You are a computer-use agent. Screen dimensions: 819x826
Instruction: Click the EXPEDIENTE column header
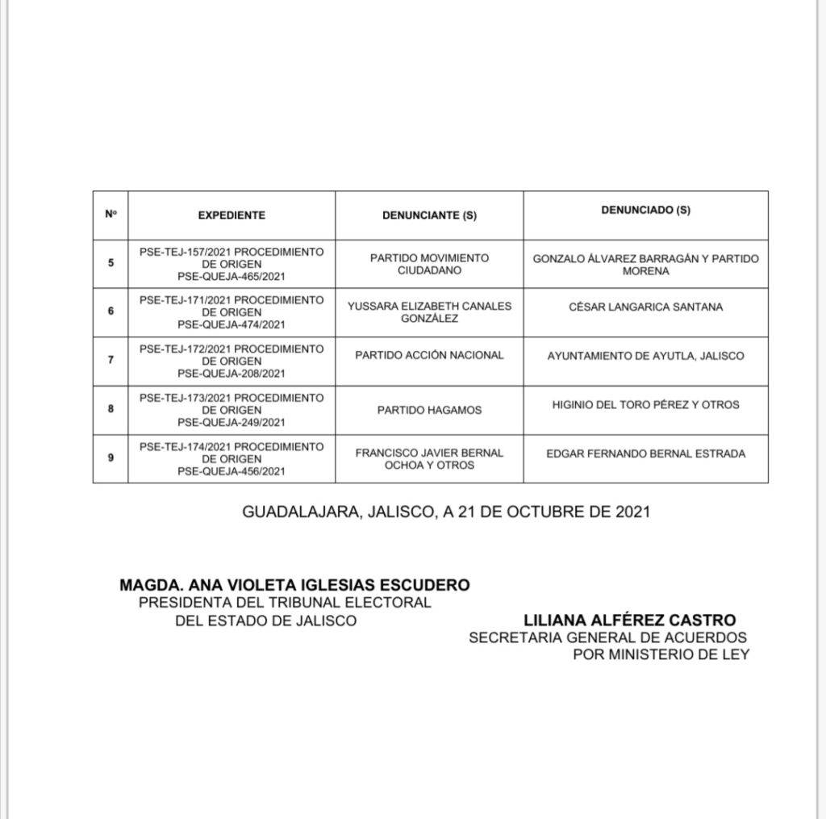coord(232,215)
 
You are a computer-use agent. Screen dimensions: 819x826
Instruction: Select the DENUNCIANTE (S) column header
coord(429,215)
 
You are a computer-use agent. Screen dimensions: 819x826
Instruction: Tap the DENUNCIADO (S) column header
coord(645,210)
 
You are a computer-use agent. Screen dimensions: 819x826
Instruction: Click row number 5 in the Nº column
coord(111,263)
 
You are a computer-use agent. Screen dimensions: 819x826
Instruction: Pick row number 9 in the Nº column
coord(111,458)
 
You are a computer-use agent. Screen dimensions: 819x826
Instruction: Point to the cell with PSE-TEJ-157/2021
coord(232,264)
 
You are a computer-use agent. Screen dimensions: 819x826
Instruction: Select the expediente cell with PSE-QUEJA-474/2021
coord(232,312)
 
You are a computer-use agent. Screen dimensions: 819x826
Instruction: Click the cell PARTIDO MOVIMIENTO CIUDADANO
coord(429,264)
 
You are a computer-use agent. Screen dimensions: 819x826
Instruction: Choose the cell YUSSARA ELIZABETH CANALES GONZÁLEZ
coord(429,312)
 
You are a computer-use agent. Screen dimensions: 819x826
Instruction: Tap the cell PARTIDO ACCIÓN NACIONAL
coord(429,355)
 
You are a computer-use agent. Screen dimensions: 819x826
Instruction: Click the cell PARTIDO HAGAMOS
coord(429,410)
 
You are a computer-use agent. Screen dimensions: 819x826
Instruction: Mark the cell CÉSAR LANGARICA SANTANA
coord(645,307)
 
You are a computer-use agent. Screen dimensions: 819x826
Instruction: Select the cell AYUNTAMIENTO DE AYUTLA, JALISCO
coord(645,356)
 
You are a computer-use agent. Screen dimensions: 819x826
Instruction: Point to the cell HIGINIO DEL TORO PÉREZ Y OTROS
coord(645,404)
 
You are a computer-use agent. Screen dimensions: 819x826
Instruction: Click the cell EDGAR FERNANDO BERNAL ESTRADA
coord(645,453)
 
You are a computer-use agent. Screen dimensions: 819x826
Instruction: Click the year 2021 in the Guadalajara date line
coord(632,512)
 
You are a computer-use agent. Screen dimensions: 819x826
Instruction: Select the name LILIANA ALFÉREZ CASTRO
coord(629,620)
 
